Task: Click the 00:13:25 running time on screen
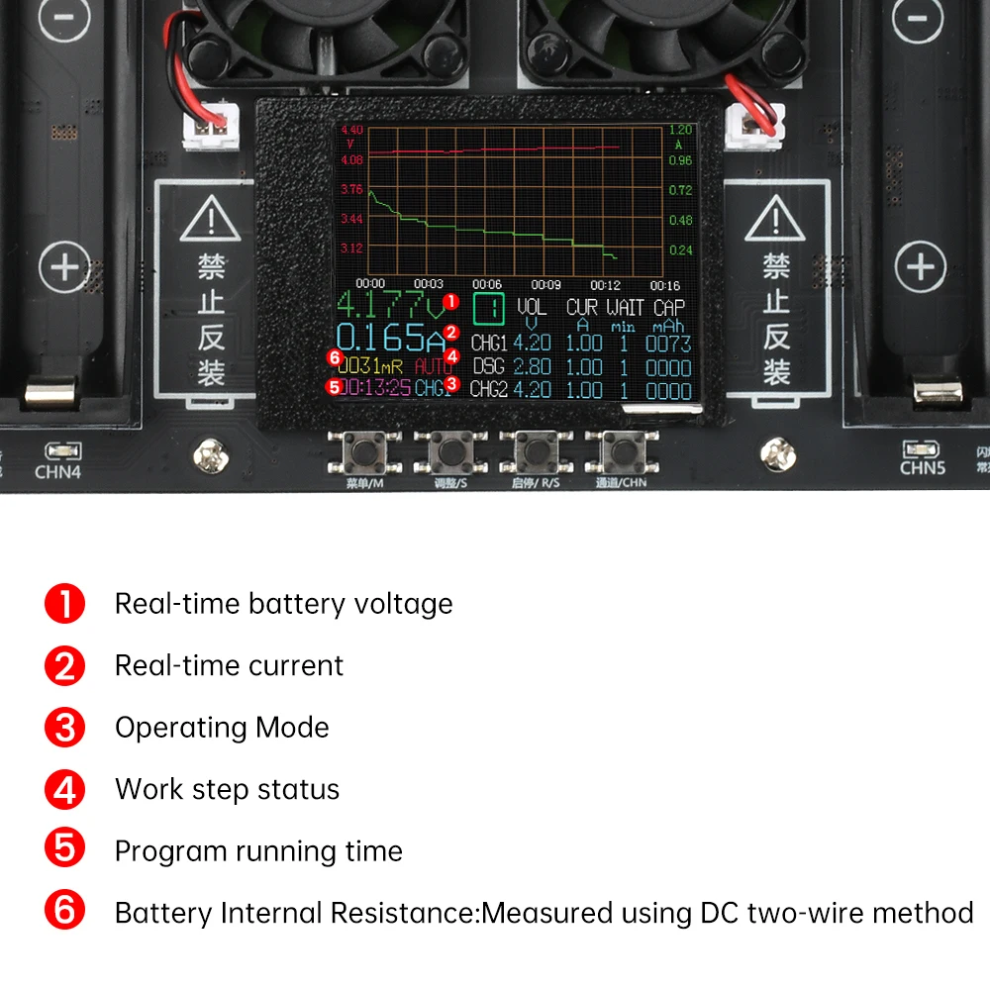pyautogui.click(x=374, y=387)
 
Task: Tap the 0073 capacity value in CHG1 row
pyautogui.click(x=668, y=344)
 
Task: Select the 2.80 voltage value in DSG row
pyautogui.click(x=532, y=366)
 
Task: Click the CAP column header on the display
pyautogui.click(x=668, y=308)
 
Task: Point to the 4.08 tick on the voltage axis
pyautogui.click(x=351, y=158)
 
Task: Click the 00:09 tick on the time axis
pyautogui.click(x=546, y=284)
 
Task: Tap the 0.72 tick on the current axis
pyautogui.click(x=680, y=189)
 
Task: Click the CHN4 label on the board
pyautogui.click(x=57, y=471)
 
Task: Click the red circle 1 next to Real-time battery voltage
pyautogui.click(x=64, y=604)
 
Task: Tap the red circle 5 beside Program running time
pyautogui.click(x=64, y=850)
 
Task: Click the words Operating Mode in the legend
pyautogui.click(x=222, y=728)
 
